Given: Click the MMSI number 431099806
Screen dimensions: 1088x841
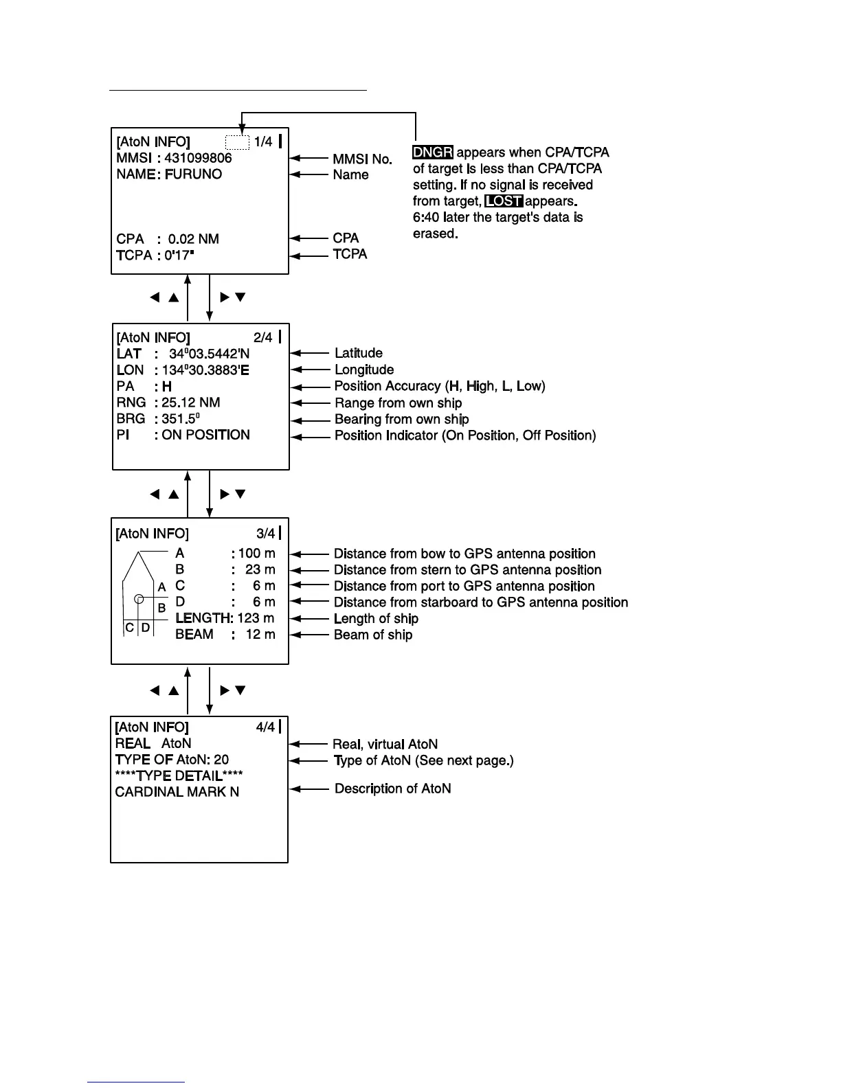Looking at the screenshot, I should click(x=198, y=158).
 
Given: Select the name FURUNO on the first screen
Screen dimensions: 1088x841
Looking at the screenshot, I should click(x=193, y=174).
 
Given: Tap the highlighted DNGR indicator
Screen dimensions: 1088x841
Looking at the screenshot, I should click(x=433, y=152).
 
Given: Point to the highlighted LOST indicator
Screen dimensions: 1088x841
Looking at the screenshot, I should click(x=504, y=201).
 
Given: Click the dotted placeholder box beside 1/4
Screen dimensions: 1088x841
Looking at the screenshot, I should click(x=237, y=142).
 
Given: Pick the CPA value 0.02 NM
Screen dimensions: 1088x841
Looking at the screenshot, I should click(x=193, y=239).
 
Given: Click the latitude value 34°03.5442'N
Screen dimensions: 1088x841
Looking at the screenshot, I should click(x=209, y=354).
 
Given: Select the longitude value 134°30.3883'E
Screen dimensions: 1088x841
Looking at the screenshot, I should click(x=205, y=370).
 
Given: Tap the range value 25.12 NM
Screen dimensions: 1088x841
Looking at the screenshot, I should click(x=191, y=403).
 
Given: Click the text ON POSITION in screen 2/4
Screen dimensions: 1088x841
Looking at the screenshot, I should click(x=205, y=435).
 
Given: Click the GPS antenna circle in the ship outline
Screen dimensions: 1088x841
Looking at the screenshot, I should click(x=139, y=599).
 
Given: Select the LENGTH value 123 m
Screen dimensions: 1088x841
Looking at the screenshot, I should click(x=256, y=618).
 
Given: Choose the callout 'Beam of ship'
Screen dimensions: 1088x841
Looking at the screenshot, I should click(x=373, y=635).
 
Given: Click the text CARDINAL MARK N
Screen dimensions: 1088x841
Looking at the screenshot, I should click(x=177, y=792).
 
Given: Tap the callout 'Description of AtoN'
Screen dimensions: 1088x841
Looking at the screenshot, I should click(x=392, y=789).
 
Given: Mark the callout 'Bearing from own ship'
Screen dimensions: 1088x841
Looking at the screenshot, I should click(x=401, y=419).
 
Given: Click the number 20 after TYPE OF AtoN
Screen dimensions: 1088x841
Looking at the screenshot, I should click(x=221, y=760).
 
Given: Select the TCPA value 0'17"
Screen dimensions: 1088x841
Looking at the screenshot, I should click(x=179, y=256).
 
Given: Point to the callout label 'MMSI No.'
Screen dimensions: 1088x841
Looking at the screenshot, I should click(x=362, y=159).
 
